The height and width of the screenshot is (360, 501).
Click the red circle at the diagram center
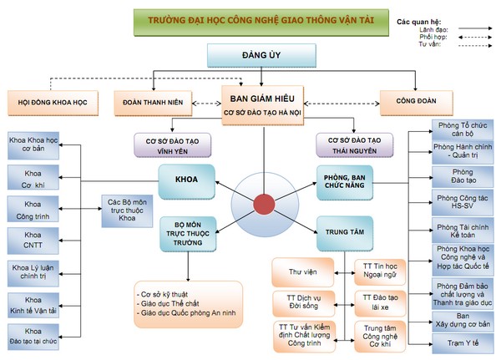(x=264, y=203)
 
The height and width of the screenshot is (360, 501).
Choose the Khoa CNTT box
(x=33, y=241)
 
